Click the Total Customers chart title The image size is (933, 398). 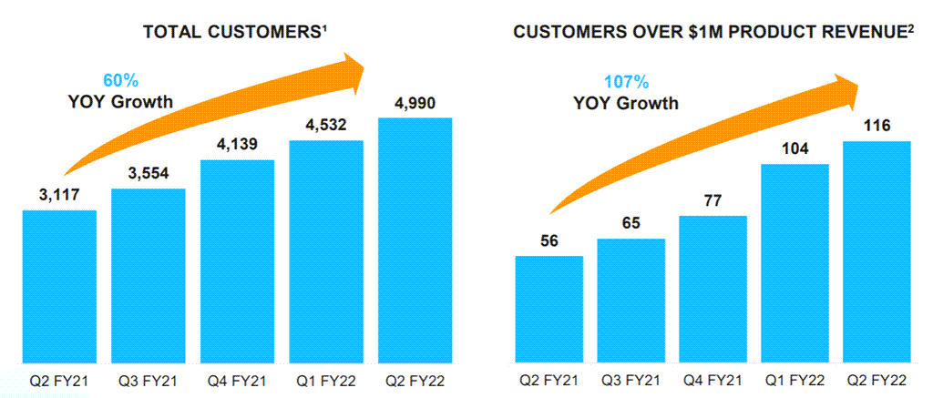coord(235,32)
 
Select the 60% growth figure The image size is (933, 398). coord(121,79)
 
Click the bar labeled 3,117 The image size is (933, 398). coord(59,287)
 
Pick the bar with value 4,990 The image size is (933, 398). coord(415,241)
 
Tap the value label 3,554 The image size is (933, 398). coord(148,174)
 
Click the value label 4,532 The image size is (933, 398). coord(326,126)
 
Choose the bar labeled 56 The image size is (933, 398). coord(549,310)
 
